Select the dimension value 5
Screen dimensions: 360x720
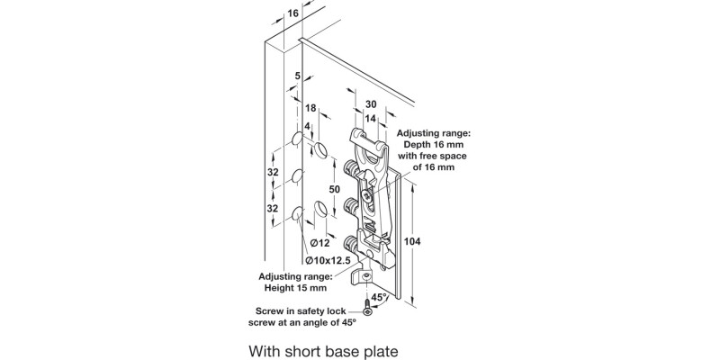(x=298, y=77)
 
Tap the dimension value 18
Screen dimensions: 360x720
(x=310, y=107)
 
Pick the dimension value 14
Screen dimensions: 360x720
(x=370, y=118)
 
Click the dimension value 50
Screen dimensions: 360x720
(x=335, y=190)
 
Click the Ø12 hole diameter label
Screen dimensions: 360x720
(x=323, y=242)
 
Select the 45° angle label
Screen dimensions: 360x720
(x=380, y=296)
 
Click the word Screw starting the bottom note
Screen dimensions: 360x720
(x=266, y=310)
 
